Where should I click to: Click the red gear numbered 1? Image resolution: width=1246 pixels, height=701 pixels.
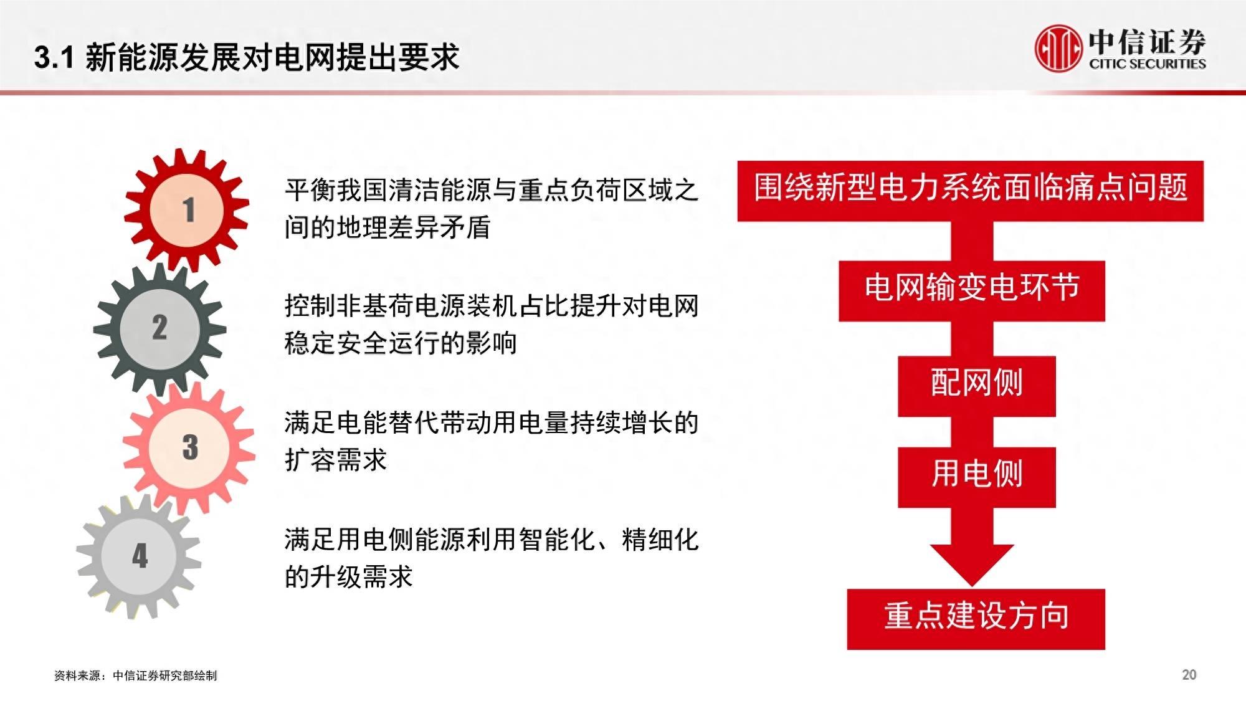(x=187, y=210)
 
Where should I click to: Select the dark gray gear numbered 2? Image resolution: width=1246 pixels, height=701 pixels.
(x=159, y=328)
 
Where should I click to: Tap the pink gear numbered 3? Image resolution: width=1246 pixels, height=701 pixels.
(x=189, y=447)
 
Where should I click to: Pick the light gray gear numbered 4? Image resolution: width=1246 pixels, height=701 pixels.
(x=140, y=556)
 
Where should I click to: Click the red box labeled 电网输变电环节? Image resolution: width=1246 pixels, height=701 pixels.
(x=971, y=290)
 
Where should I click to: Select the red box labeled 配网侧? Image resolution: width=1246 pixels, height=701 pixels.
(x=976, y=386)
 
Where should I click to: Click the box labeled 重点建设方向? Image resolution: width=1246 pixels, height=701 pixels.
(x=976, y=619)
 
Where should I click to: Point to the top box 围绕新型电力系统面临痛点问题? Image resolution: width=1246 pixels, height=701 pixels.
(x=970, y=191)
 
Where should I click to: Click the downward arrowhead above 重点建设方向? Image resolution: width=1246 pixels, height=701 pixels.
(x=972, y=564)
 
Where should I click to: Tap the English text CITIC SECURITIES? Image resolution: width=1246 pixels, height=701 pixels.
(x=1147, y=64)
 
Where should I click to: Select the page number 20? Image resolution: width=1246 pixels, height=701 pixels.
(x=1189, y=675)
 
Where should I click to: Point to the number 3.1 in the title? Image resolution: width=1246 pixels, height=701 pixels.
(x=54, y=57)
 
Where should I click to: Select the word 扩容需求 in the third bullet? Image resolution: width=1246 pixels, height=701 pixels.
(x=336, y=460)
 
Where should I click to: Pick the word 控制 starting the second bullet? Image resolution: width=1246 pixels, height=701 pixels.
(x=310, y=305)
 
